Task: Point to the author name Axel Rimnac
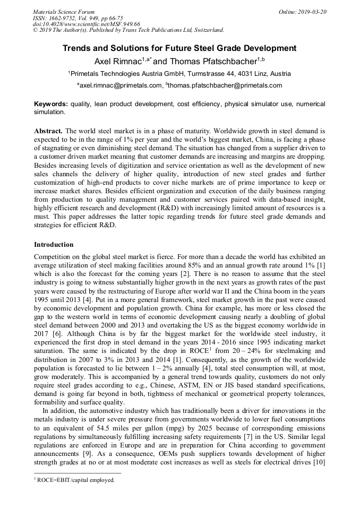(x=117, y=61)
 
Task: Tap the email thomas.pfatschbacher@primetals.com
(x=225, y=85)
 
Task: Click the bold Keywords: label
(x=51, y=104)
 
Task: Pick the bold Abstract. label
(x=48, y=130)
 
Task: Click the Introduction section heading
(x=54, y=245)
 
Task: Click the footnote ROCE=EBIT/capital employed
(x=74, y=480)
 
